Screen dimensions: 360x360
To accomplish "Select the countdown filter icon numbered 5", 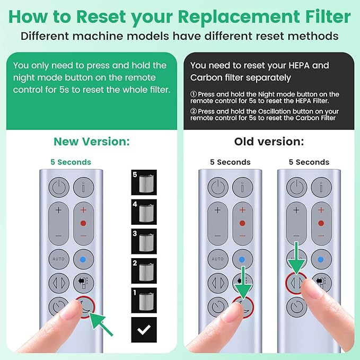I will click(143, 182).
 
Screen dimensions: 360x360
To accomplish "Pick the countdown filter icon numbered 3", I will click(143, 241).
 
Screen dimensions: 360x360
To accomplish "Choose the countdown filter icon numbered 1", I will click(143, 300).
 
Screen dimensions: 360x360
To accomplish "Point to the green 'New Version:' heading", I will click(92, 142).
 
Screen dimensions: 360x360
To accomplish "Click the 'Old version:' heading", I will click(269, 142).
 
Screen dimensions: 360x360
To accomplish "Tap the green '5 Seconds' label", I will click(71, 162).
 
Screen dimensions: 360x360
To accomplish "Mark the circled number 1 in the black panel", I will click(194, 94).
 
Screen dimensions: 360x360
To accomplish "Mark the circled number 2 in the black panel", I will click(194, 112).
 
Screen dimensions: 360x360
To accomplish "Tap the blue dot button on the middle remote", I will click(242, 259).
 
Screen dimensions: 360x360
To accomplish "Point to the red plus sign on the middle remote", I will click(242, 210).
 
